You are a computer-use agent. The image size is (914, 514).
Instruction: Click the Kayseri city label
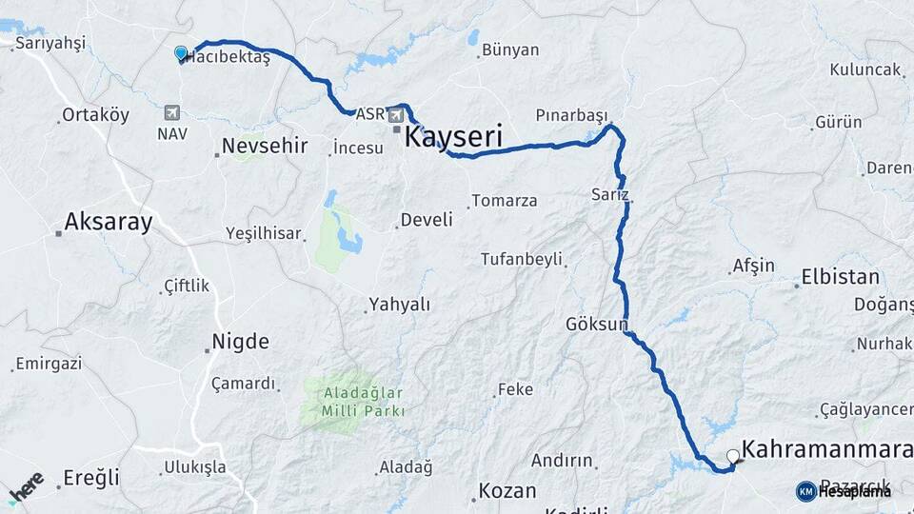[453, 136]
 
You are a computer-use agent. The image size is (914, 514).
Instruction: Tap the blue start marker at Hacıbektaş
[181, 53]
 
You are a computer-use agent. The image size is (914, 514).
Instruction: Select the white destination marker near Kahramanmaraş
[732, 457]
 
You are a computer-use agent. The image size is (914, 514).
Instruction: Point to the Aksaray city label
[108, 223]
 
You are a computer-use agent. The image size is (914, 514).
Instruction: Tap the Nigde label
[240, 342]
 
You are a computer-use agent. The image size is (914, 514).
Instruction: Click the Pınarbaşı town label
[571, 115]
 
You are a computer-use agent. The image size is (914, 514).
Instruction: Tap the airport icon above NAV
[172, 111]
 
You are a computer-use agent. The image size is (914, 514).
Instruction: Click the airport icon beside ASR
[395, 114]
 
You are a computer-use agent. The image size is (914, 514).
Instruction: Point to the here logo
[26, 485]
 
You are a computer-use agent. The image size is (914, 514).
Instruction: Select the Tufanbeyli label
[522, 259]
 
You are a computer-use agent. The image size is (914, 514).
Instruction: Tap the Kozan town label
[507, 491]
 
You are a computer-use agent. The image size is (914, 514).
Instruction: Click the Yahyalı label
[398, 306]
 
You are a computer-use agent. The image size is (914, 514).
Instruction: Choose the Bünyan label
[510, 49]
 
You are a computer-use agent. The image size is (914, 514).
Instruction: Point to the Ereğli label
[91, 478]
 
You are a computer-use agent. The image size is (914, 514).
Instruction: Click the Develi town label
[426, 220]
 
